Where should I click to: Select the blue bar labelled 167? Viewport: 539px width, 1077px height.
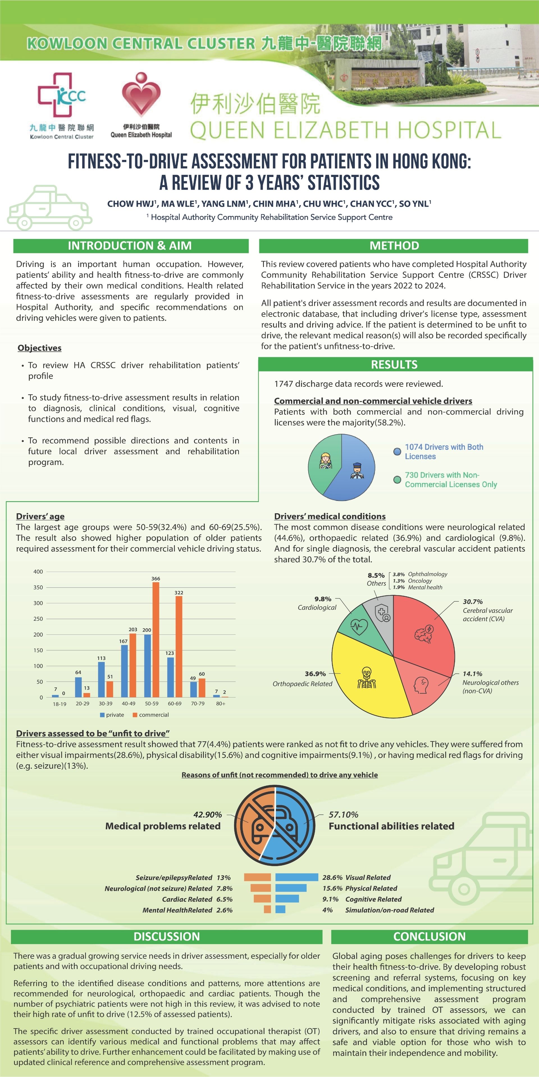(x=124, y=671)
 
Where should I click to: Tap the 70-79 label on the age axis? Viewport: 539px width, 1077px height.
(x=198, y=704)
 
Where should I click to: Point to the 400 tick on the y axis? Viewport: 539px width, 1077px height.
(x=38, y=572)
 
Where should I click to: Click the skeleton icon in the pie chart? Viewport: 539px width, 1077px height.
(x=367, y=678)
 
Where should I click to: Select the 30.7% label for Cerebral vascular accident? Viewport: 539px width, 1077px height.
(x=472, y=602)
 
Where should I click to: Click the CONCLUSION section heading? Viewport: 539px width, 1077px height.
(x=429, y=936)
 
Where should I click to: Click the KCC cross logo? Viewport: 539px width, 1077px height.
(x=61, y=95)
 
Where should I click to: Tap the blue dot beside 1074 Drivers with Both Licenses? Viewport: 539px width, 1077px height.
(x=397, y=452)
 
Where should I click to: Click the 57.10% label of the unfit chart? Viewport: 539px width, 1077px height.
(x=343, y=814)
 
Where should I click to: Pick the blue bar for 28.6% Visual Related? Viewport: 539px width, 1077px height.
(x=297, y=877)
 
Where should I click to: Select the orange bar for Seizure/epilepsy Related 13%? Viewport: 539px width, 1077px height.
(x=257, y=877)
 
